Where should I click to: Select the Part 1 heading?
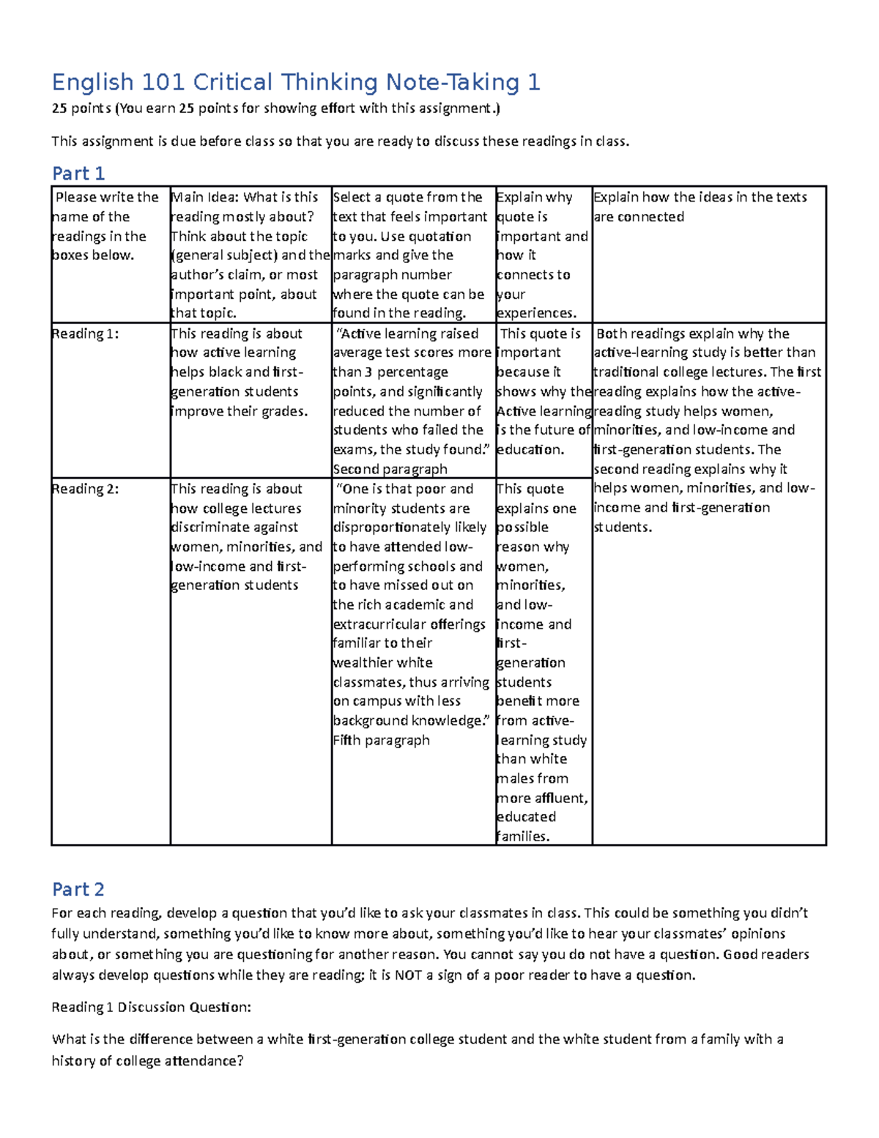tap(78, 174)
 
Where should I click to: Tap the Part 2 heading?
tap(78, 890)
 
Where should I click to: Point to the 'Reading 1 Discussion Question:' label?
tap(151, 1007)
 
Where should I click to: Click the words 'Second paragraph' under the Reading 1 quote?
tap(390, 469)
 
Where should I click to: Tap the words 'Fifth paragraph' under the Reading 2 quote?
tap(381, 740)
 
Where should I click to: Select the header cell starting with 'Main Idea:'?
tap(250, 254)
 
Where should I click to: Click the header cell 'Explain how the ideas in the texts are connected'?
tap(700, 207)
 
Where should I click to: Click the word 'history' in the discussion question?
tap(73, 1061)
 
